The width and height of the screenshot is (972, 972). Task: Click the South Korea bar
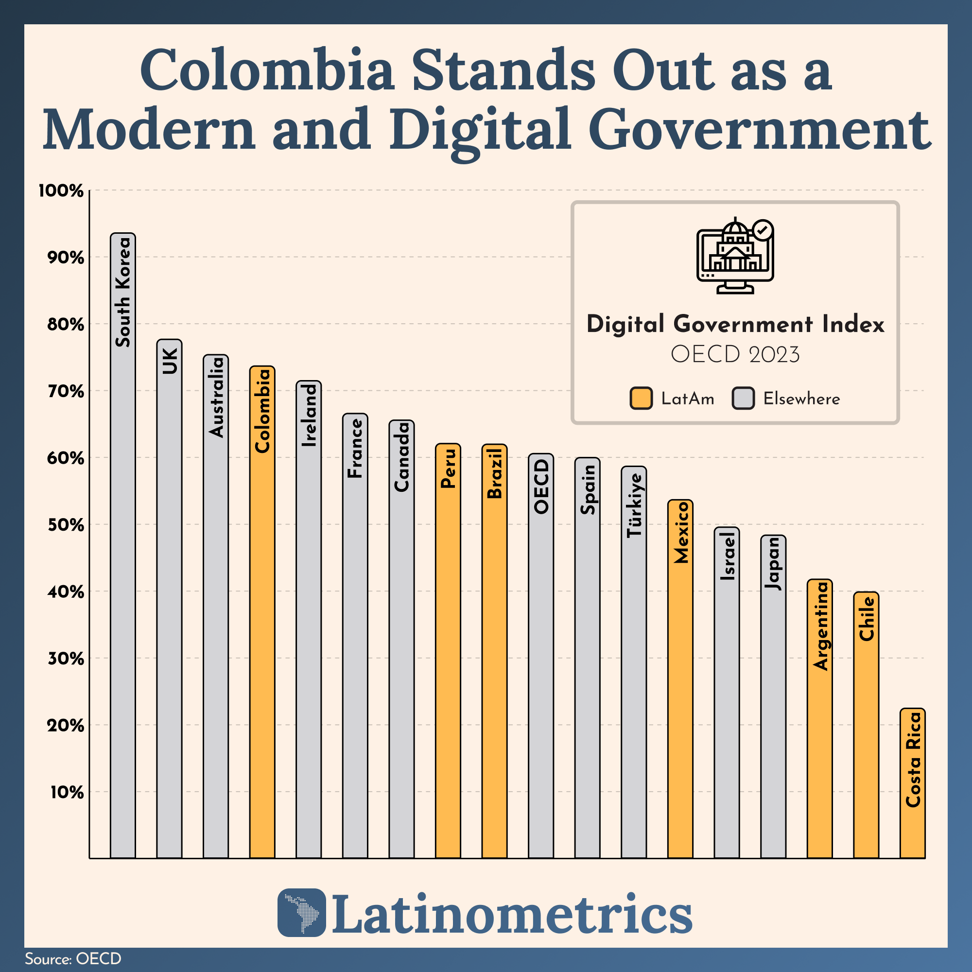tap(123, 554)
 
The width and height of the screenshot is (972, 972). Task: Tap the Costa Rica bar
tap(912, 785)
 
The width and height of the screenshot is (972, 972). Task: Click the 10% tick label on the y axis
tap(67, 792)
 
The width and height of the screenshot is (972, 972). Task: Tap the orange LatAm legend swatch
tap(641, 399)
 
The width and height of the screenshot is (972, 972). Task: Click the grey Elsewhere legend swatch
tap(743, 399)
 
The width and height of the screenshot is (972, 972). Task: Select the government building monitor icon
tap(734, 257)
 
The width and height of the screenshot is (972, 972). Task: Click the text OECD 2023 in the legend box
tap(735, 355)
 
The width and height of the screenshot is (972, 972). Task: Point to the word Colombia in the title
tap(267, 70)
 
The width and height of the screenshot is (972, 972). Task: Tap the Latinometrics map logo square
tap(302, 912)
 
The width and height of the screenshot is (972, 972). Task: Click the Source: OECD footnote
tap(73, 958)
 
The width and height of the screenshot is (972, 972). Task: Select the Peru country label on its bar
tap(448, 468)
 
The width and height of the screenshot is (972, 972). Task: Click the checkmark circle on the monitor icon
tap(763, 230)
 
